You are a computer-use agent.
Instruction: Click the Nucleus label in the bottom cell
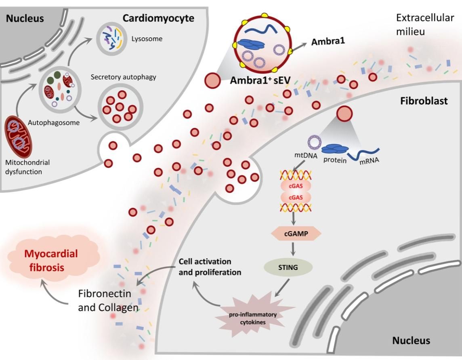pyautogui.click(x=411, y=341)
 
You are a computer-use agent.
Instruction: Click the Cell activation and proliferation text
pyautogui.click(x=210, y=267)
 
